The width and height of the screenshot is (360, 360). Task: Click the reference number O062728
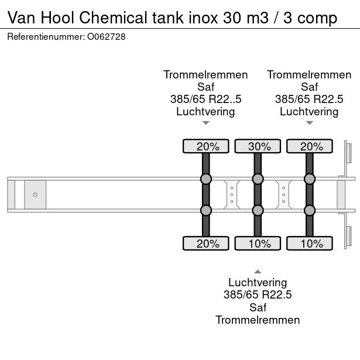(106, 37)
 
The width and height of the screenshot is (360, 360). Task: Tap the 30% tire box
(257, 146)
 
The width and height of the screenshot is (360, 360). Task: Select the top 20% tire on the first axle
(205, 146)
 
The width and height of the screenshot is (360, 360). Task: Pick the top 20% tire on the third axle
(308, 146)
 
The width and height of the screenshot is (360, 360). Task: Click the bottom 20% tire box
(205, 244)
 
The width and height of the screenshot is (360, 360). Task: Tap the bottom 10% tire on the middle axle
(257, 244)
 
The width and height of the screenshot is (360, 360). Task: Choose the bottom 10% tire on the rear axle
(308, 244)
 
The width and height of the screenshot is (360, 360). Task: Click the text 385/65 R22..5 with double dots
(205, 99)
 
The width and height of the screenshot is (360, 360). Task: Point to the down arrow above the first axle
(205, 123)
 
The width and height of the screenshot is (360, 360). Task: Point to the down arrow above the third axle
(309, 123)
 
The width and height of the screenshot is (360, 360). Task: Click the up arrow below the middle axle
(258, 271)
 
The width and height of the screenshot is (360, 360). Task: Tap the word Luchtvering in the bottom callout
(258, 283)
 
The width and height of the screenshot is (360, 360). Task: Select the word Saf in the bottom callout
(258, 307)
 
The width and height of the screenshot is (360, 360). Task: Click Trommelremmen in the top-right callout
(309, 74)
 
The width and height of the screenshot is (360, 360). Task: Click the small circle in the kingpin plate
(35, 194)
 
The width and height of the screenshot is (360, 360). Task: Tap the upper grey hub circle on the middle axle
(257, 179)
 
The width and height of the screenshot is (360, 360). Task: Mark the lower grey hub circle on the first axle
(205, 210)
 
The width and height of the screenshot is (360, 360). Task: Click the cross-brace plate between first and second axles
(232, 194)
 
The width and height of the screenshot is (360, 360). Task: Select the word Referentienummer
(44, 37)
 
